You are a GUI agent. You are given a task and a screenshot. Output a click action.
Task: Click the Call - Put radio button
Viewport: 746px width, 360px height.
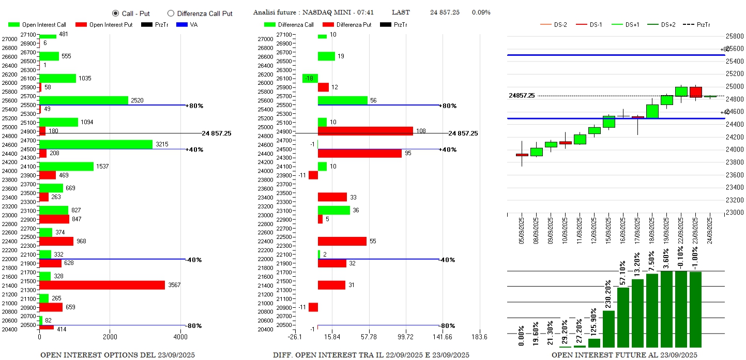115,13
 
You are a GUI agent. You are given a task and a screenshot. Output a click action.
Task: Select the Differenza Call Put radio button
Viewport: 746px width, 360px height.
171,13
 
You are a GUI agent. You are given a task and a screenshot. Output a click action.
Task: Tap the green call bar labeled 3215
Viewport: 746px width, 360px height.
96,144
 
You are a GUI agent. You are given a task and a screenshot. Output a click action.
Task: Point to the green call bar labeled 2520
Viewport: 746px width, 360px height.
84,100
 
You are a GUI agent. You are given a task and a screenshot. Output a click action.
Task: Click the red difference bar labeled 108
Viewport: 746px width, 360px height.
365,131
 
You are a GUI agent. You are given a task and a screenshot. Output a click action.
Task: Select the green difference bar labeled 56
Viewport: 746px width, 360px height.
342,100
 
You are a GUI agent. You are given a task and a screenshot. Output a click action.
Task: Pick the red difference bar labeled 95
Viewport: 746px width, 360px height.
359,153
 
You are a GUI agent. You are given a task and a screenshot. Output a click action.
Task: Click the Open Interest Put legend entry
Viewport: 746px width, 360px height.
104,24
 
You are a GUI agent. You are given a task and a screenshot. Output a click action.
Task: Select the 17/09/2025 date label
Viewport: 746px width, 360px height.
638,231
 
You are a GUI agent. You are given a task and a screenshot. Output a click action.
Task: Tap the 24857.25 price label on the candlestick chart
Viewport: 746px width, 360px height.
522,96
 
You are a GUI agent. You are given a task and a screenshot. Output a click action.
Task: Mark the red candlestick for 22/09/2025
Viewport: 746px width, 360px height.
696,92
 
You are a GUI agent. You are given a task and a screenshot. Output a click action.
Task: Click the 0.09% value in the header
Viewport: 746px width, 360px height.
481,12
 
